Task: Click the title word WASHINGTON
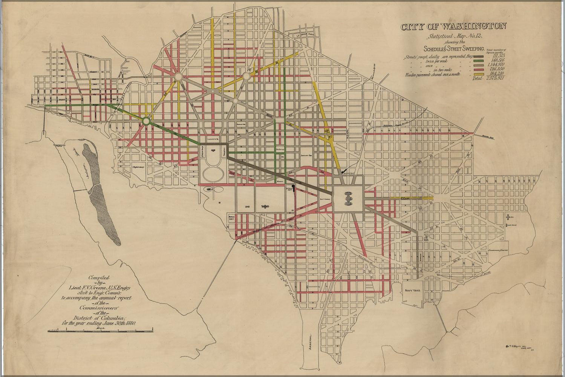473,27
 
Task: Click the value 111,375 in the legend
496,56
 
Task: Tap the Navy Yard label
412,290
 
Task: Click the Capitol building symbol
348,198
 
